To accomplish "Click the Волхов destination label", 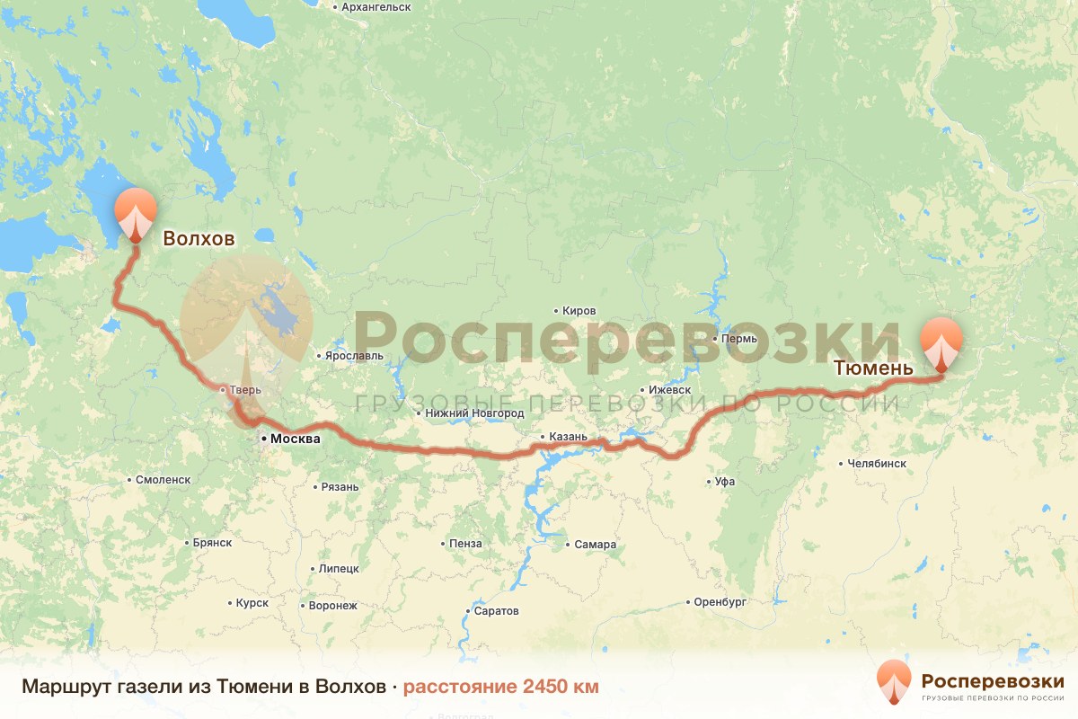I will pos(198,238).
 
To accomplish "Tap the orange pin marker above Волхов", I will pos(136,213).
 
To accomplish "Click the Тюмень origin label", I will pos(873,368).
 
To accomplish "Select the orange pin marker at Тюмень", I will pos(941,342).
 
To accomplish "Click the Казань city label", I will pos(568,437).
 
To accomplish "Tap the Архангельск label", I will pos(376,7).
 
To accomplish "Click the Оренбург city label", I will pos(720,602).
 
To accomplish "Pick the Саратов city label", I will pos(497,611).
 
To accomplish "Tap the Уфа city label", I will pos(724,482).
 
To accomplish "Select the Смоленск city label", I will pos(163,480).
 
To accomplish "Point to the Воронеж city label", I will pos(332,606).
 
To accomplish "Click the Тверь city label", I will pos(245,390).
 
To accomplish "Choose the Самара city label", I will pos(596,545).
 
